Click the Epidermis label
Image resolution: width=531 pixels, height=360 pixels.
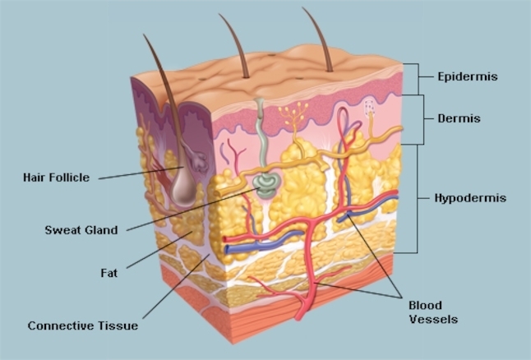click(x=468, y=76)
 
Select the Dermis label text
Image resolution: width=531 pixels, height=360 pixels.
click(x=459, y=118)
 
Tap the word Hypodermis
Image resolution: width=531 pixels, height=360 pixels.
click(x=470, y=198)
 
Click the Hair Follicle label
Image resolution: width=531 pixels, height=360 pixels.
click(x=56, y=177)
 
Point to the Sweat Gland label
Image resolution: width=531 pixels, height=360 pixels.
click(x=81, y=230)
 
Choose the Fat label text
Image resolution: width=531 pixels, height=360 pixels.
click(x=109, y=273)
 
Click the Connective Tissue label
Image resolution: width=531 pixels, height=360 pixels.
click(x=83, y=325)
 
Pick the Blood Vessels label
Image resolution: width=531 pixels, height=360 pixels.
click(x=433, y=312)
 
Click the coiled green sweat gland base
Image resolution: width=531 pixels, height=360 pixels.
click(x=266, y=185)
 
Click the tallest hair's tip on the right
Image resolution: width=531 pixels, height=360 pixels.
click(x=302, y=7)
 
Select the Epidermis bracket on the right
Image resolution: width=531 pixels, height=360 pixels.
click(x=419, y=79)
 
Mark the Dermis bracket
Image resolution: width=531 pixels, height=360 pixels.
click(x=423, y=119)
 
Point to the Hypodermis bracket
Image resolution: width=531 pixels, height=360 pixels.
click(x=418, y=199)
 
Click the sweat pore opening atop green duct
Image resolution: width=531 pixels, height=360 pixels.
click(x=260, y=100)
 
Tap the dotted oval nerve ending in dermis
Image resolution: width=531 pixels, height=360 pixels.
click(x=370, y=106)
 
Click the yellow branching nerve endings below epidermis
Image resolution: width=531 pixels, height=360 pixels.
click(x=293, y=113)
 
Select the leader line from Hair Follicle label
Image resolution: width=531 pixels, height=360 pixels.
click(x=141, y=173)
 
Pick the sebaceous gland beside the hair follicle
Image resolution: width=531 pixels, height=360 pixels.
click(x=197, y=161)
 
